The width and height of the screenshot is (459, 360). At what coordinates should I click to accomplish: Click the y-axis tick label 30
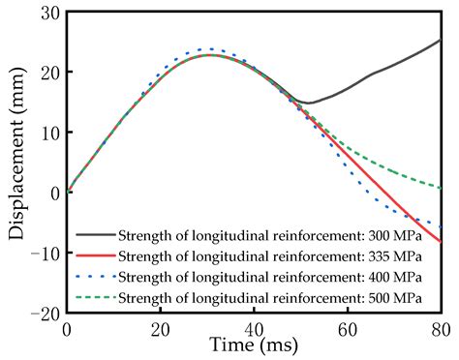[48, 13]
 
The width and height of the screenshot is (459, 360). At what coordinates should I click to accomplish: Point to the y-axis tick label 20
[48, 73]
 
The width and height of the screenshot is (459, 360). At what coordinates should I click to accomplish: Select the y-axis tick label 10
[48, 133]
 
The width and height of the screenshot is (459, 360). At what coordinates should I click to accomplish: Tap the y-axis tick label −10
[43, 253]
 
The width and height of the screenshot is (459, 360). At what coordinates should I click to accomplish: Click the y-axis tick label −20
[43, 313]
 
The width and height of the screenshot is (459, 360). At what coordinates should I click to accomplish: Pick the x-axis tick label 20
[160, 330]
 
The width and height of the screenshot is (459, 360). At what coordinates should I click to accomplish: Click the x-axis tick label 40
[253, 330]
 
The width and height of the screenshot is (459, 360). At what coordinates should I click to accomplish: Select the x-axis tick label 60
[347, 330]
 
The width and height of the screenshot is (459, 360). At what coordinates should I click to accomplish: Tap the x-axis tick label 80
[440, 330]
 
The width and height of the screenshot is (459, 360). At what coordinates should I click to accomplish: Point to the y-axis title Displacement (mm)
[15, 163]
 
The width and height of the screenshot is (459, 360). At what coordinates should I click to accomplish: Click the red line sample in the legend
[95, 255]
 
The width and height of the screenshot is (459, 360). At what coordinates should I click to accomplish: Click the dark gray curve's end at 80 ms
[440, 41]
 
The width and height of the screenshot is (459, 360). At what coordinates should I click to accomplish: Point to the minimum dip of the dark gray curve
[308, 103]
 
